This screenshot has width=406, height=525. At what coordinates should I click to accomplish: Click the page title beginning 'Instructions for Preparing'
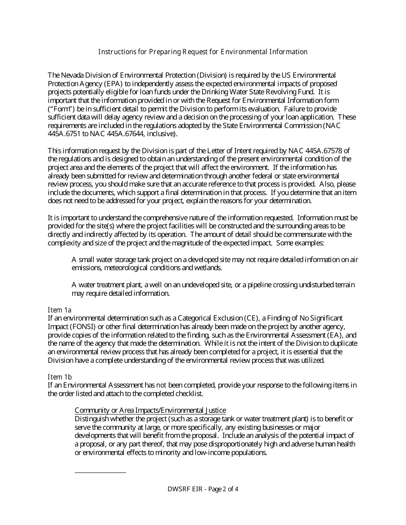point(203,52)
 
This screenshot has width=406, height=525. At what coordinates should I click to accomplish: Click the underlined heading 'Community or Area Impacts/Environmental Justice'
point(150,411)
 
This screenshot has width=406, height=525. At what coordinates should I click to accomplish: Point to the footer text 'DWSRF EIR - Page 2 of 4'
point(203,489)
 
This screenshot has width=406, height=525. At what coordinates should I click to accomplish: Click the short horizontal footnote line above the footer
point(100,472)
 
